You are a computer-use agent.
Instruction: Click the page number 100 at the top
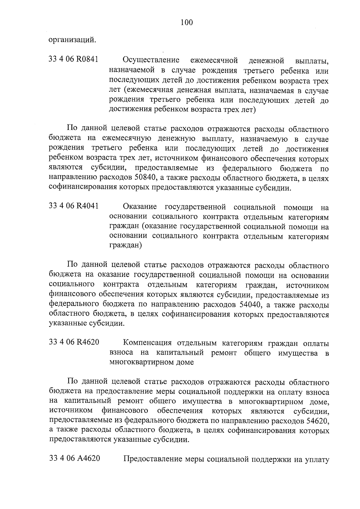click(187, 22)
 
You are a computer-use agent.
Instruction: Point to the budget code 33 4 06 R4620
click(74, 342)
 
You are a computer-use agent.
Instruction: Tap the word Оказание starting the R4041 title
click(140, 207)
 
